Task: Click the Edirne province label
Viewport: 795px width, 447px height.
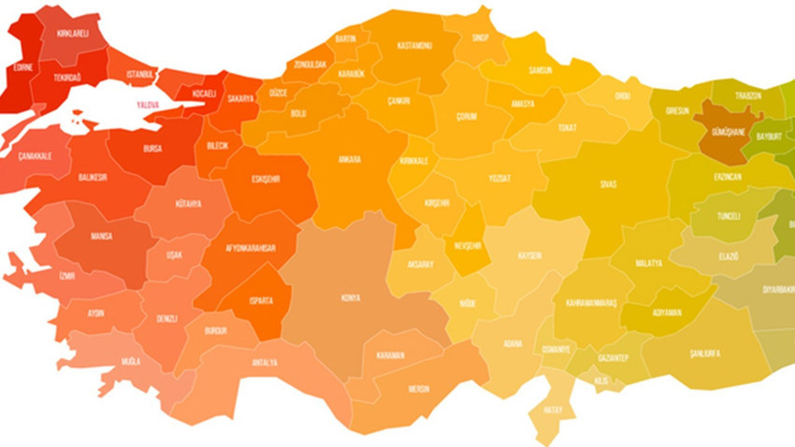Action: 22,67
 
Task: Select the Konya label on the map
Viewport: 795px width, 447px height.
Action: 351,297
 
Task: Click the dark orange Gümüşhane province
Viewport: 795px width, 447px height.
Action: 724,133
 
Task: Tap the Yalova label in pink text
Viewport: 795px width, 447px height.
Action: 148,105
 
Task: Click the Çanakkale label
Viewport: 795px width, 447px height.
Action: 36,156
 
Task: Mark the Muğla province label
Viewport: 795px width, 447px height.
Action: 131,360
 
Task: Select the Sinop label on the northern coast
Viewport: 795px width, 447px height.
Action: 480,38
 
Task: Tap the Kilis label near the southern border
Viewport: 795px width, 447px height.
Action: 600,381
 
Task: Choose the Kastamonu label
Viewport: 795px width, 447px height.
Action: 414,45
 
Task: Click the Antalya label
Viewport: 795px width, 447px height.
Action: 265,363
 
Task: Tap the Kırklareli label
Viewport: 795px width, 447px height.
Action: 72,34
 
